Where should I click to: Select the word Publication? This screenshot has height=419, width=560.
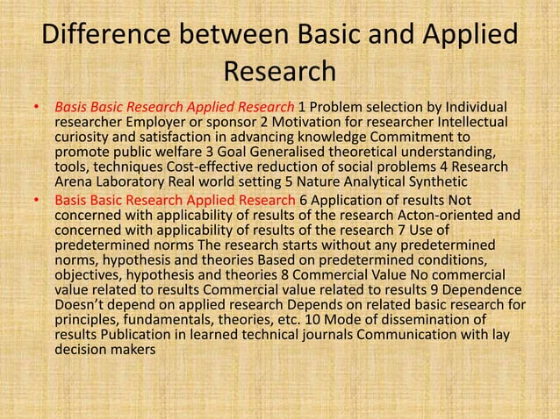[133, 335]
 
